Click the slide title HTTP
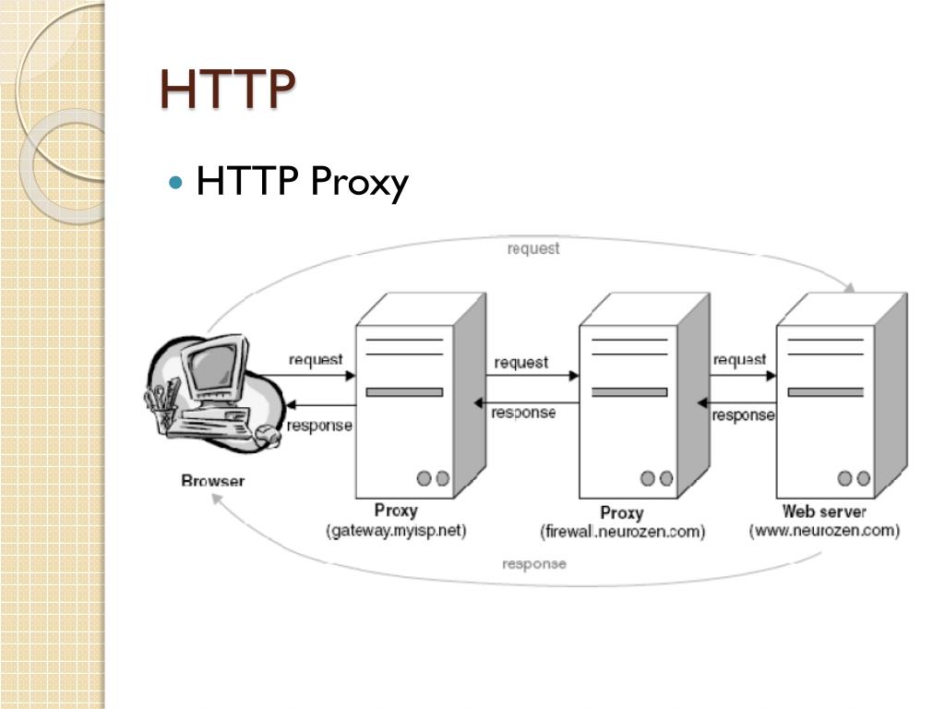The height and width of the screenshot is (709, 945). coord(227,89)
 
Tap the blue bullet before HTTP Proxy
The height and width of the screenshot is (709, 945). coord(177,182)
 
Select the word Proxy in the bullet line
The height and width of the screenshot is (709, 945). coord(359,183)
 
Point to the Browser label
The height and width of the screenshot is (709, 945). coord(213,480)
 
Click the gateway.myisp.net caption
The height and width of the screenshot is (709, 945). coord(396,531)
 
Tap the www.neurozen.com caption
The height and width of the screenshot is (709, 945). coord(824,531)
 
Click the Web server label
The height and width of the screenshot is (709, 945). coord(824,511)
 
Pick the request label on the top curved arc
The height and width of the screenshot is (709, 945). coord(533,249)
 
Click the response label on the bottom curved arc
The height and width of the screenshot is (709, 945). coord(534,563)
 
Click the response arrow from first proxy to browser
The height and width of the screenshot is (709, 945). coord(318,406)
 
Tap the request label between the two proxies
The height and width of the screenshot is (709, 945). coord(520,363)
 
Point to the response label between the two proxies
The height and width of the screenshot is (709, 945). coord(523,413)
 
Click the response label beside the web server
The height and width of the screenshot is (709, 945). coord(743,415)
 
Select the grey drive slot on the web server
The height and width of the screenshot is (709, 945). coord(825,392)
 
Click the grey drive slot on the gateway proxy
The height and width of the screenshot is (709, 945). coord(404,392)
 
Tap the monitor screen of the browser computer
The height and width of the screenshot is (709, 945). coord(214,369)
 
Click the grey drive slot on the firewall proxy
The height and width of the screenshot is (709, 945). coord(629,392)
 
